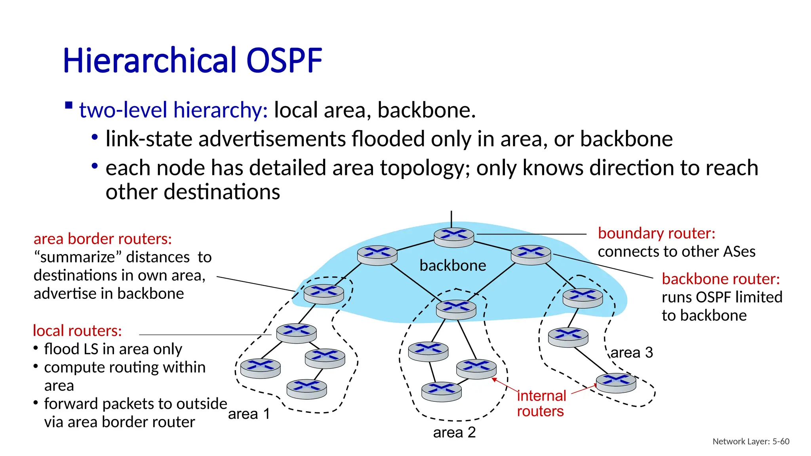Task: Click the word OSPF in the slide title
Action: point(284,61)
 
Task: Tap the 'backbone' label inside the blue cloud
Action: point(453,265)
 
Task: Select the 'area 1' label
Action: point(249,414)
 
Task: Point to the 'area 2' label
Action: point(454,432)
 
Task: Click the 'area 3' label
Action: point(632,352)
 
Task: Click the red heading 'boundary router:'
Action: point(657,233)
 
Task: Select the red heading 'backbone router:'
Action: point(721,279)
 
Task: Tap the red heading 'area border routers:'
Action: point(103,239)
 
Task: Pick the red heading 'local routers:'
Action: point(77,331)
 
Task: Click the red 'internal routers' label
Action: point(541,403)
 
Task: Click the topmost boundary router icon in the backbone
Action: point(454,237)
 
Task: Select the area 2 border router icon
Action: point(456,309)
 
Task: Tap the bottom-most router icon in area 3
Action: point(616,382)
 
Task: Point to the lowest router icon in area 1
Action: point(307,389)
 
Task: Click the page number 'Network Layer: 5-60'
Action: point(751,441)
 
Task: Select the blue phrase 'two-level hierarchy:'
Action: point(173,110)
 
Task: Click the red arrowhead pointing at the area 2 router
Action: point(494,380)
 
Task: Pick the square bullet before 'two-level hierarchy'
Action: point(69,105)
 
